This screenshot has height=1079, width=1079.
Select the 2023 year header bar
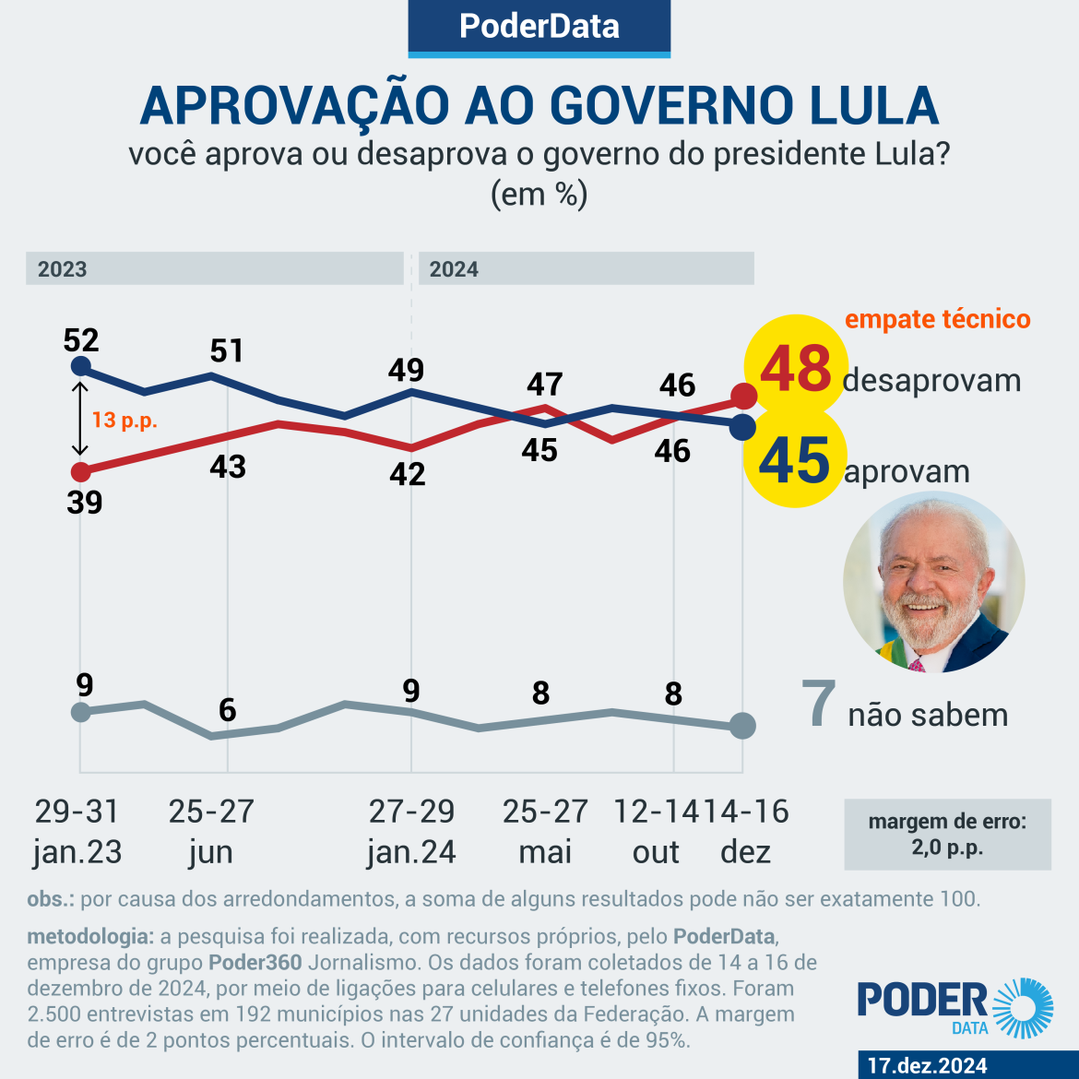[214, 268]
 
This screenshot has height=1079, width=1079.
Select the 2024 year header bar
[586, 268]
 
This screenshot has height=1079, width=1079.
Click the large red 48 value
[795, 369]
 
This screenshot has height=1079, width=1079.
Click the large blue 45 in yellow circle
[795, 460]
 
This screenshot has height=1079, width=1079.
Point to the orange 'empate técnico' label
[937, 319]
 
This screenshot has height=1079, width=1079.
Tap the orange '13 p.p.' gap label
[125, 421]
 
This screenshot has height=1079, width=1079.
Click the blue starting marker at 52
[81, 367]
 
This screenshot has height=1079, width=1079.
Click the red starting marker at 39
[81, 472]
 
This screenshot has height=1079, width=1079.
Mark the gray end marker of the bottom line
[742, 726]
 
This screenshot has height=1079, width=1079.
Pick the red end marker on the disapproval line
[743, 397]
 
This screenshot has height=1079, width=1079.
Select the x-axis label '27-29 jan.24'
[411, 831]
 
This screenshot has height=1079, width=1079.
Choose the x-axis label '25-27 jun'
[211, 831]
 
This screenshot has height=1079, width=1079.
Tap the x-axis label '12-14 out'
[656, 831]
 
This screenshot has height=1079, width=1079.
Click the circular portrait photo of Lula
[933, 582]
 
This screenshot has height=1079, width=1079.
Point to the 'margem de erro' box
[947, 835]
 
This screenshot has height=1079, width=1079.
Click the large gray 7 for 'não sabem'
[818, 705]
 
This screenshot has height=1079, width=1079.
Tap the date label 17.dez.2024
[926, 1065]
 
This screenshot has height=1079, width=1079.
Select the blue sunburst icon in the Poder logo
[1022, 1008]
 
